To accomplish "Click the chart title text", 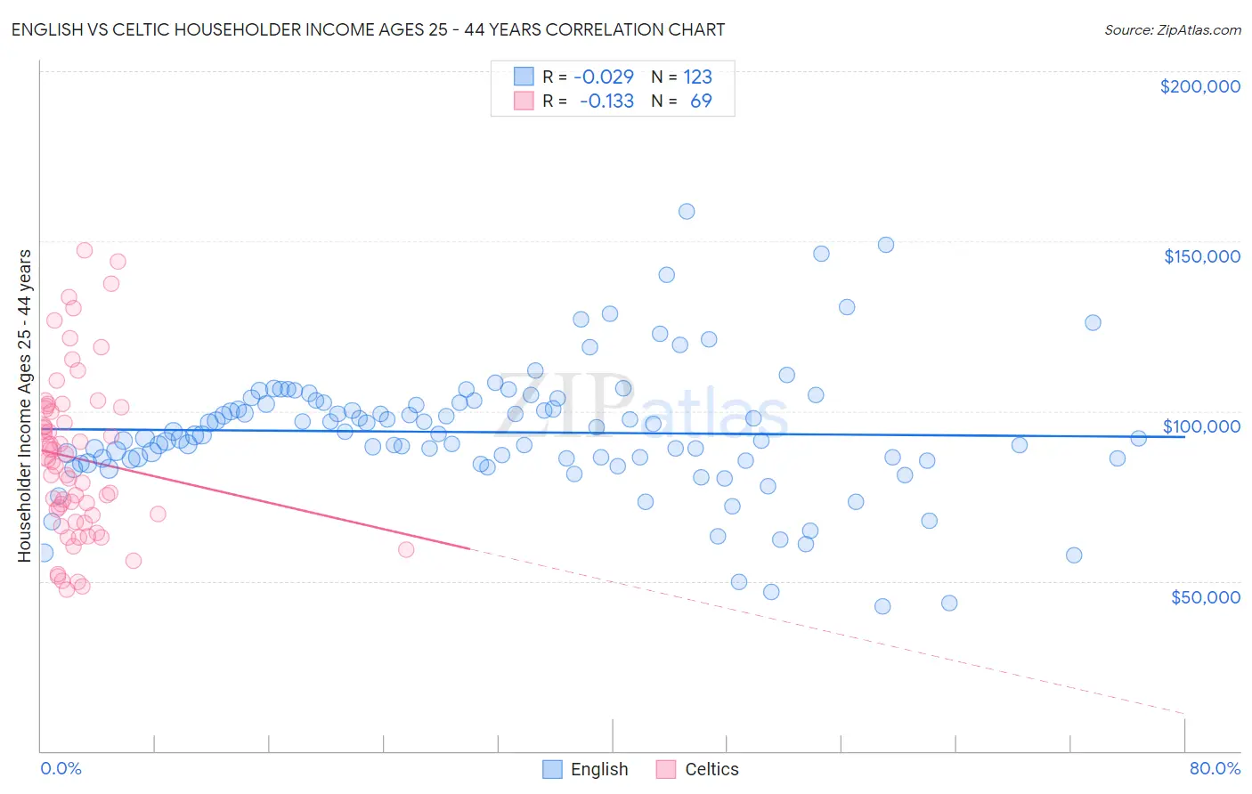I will click(x=369, y=29).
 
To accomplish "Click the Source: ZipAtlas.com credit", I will click(x=1172, y=29).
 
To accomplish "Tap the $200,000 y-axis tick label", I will click(x=1199, y=86).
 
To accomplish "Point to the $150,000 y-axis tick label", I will click(x=1201, y=256).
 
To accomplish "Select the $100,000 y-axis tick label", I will click(x=1201, y=426).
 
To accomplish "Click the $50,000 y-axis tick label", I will click(x=1205, y=597).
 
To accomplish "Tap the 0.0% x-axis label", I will click(x=61, y=768).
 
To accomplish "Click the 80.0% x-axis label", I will click(x=1214, y=768).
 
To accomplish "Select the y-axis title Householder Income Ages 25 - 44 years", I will click(x=25, y=406).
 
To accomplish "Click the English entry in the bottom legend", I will click(x=598, y=769).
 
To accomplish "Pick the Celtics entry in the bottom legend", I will click(x=711, y=769).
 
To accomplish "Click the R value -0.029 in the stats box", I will click(x=603, y=77).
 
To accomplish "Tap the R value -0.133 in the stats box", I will click(x=606, y=101).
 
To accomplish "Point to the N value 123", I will click(x=697, y=77).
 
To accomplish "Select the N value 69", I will click(x=701, y=101).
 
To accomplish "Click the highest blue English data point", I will click(x=687, y=211).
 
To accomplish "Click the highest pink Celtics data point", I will click(x=85, y=250).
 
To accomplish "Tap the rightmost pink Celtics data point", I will click(x=406, y=549).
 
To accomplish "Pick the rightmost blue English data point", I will click(x=1138, y=438).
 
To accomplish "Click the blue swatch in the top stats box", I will click(x=524, y=77).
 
